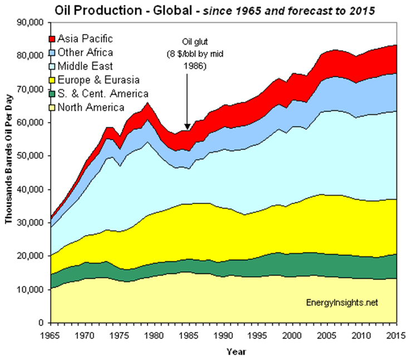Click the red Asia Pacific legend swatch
click(52, 39)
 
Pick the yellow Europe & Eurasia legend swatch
click(52, 80)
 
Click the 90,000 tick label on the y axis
click(31, 22)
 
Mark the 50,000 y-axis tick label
click(31, 156)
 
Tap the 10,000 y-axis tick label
click(31, 290)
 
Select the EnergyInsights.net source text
click(342, 303)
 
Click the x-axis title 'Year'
click(235, 352)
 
